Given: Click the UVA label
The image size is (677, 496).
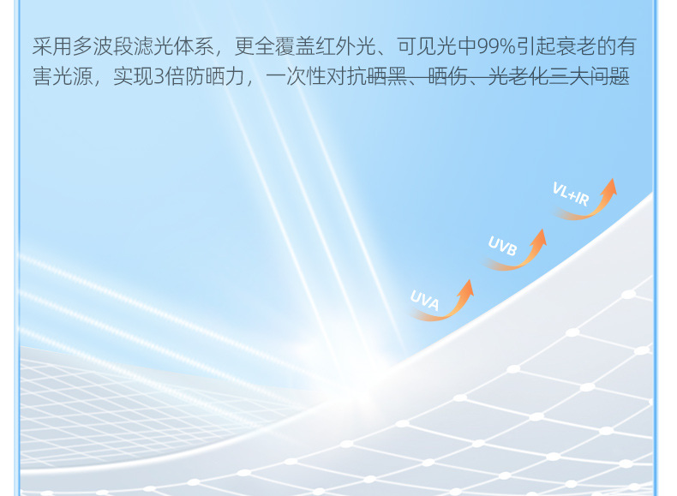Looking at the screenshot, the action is (x=424, y=300).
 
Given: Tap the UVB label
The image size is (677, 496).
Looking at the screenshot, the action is (x=502, y=246).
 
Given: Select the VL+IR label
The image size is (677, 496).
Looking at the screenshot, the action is (x=571, y=194).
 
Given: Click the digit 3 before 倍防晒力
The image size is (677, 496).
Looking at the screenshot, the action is (x=159, y=77).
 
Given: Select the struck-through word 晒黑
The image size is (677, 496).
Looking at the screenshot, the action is (x=386, y=77).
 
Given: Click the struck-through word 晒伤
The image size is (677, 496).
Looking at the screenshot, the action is (x=447, y=77).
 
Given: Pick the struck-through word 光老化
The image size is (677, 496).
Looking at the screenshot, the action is (x=518, y=77).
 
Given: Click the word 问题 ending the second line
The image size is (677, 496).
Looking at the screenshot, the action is (x=609, y=77).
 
